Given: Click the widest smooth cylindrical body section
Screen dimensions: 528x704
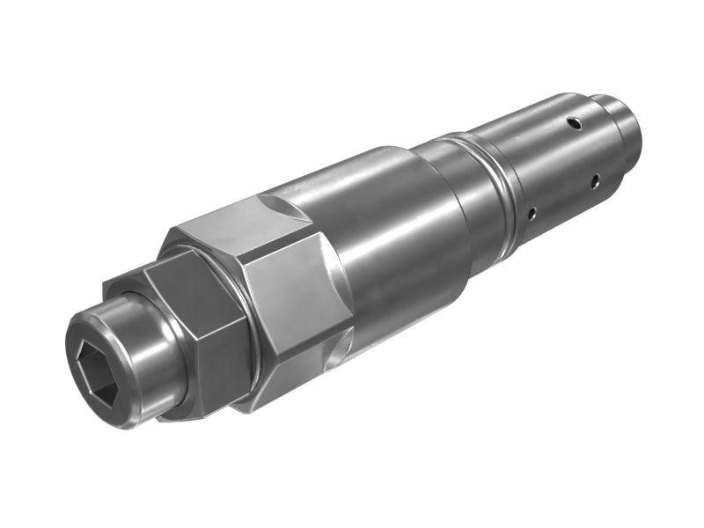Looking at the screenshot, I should point(387,238).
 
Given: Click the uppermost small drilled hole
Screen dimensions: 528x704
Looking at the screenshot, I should point(573,121).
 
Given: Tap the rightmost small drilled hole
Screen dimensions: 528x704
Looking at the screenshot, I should point(595,182).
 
